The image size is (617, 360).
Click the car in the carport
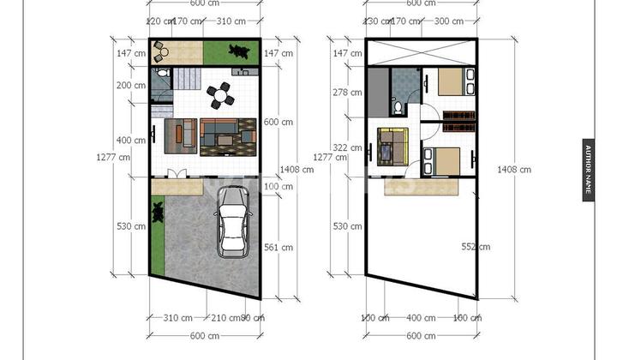[x=233, y=223]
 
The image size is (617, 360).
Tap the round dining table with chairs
[x=223, y=94]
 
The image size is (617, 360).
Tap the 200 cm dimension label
[x=132, y=86]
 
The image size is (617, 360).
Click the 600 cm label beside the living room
[x=279, y=123]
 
